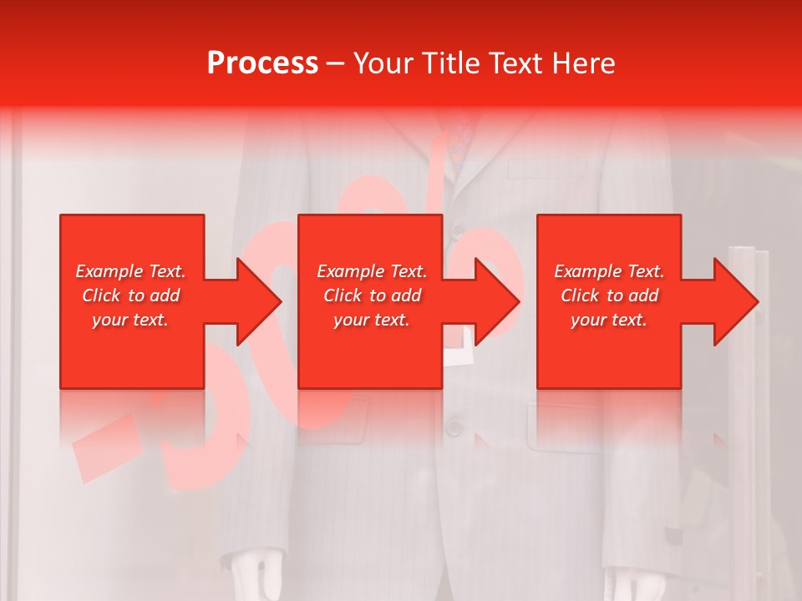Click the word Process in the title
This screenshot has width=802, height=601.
point(262,63)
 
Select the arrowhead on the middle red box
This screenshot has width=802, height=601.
point(495,301)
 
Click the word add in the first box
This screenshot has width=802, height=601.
point(165,295)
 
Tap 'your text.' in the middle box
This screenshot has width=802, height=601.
point(372,320)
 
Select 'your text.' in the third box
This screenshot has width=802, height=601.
point(609,320)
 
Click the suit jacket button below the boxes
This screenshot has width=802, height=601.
point(454,428)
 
